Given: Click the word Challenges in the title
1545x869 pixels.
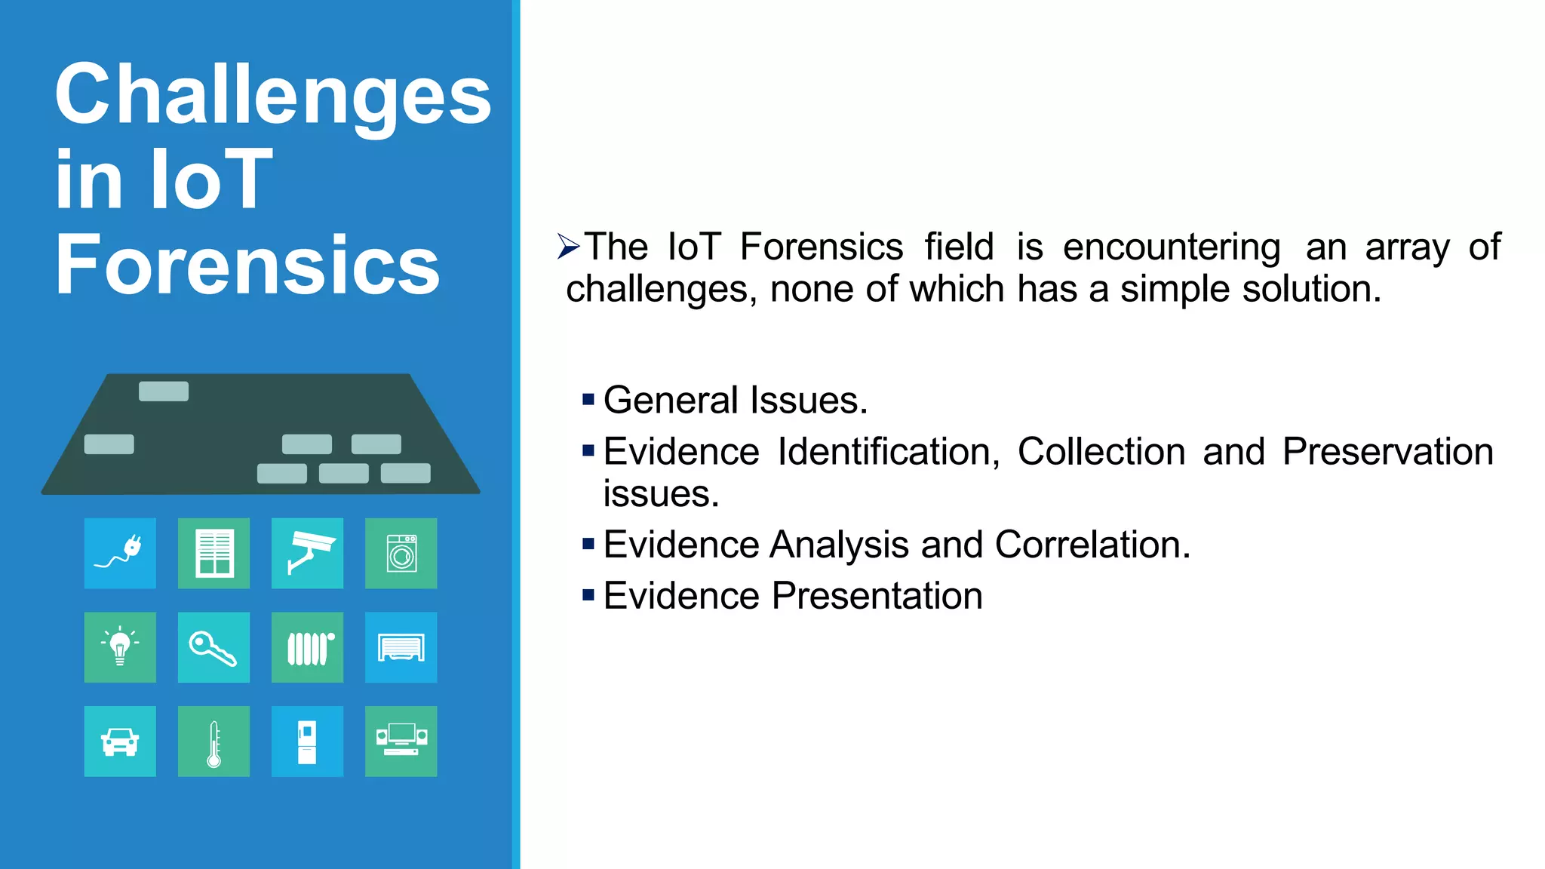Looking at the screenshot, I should [x=273, y=97].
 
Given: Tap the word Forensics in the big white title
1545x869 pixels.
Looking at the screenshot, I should [x=247, y=266].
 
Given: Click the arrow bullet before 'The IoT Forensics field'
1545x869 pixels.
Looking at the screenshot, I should [x=568, y=247].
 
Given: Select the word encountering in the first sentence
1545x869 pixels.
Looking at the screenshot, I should [x=1171, y=247].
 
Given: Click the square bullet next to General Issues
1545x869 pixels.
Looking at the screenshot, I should [x=588, y=399].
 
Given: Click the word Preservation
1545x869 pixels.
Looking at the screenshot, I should [x=1387, y=452].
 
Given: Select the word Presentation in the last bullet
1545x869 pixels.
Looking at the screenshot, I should [x=877, y=596].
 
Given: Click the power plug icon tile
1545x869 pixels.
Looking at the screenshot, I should [x=120, y=553].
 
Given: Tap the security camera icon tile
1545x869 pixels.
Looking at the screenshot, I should [x=307, y=553].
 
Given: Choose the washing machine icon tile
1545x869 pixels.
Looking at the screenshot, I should [x=401, y=553].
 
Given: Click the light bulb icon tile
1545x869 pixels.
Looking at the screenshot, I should [x=120, y=647].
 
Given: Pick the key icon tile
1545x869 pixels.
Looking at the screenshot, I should [x=213, y=647].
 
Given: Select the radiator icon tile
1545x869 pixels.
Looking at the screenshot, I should [x=307, y=647].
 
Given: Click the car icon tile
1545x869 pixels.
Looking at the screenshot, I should [x=120, y=742].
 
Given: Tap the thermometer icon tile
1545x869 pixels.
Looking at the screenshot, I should [x=213, y=742].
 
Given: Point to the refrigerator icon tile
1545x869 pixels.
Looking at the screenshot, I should [x=307, y=742].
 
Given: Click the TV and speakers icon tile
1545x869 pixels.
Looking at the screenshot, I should [x=401, y=742].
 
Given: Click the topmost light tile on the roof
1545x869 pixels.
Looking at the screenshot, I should [x=164, y=391].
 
